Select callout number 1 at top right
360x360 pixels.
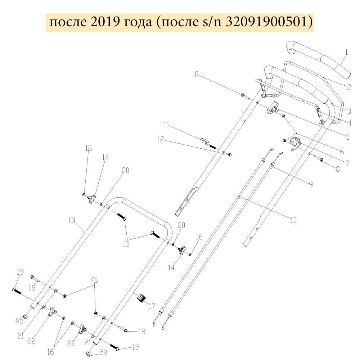coord(346,52)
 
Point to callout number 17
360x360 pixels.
coord(152,306)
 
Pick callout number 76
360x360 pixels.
coord(94,280)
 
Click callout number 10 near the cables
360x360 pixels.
coord(293,220)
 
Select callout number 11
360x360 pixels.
coord(166,125)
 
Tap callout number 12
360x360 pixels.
coord(160,139)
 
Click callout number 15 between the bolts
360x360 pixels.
coord(126,244)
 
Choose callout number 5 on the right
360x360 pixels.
coord(347,137)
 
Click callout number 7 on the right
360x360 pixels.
coord(347,163)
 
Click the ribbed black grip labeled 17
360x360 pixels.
coord(141,298)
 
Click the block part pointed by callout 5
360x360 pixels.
coord(274,108)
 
